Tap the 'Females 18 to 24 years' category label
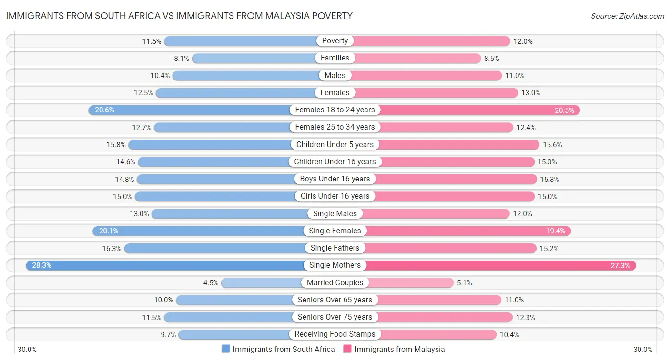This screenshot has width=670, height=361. (335, 110)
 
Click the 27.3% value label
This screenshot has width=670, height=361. (620, 265)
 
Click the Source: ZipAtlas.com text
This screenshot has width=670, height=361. (627, 16)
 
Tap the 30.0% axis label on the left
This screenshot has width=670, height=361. (27, 349)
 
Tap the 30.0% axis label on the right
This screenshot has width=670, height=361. (643, 349)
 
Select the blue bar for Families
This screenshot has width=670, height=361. (253, 58)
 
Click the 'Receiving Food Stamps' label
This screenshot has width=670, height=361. (335, 334)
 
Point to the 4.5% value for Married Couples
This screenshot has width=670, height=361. (211, 283)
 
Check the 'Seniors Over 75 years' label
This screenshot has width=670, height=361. (335, 317)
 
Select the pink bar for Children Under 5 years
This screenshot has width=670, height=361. (457, 144)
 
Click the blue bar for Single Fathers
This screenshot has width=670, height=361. (214, 248)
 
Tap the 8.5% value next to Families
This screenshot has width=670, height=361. (492, 59)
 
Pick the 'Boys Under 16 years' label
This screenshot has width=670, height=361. (335, 179)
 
